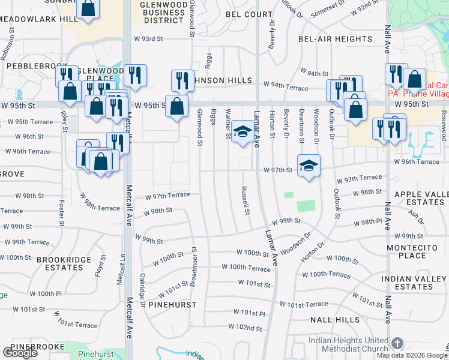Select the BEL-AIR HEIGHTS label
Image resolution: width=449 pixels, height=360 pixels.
335,39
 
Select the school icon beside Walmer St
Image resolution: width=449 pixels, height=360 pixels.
242,133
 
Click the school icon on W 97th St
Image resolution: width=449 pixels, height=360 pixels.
309,166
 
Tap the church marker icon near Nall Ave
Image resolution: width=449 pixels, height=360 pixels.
397,343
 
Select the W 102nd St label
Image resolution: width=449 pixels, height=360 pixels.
245,328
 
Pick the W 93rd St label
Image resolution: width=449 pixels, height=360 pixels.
148,39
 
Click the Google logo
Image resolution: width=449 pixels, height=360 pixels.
20,353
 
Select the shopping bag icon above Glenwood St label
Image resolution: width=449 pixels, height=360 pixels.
177,107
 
